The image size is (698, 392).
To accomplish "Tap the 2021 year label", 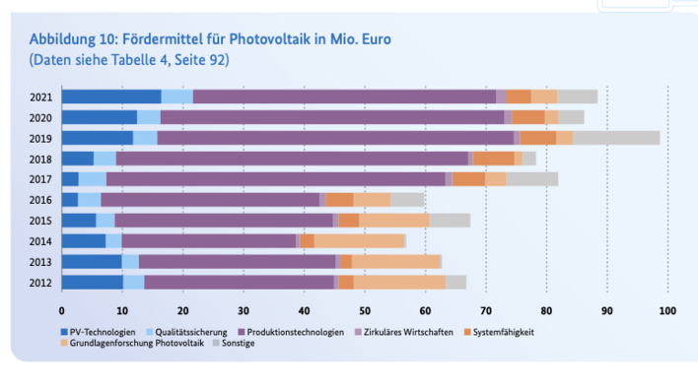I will (42, 97).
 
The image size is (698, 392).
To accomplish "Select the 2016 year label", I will (42, 200).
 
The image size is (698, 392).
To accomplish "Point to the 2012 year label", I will (42, 283).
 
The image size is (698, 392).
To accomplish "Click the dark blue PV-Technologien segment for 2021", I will (111, 97).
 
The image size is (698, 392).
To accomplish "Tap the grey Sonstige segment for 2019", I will (616, 138).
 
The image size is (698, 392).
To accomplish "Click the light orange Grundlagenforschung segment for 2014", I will (359, 241).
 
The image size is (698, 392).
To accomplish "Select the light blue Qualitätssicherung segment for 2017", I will (92, 179).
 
